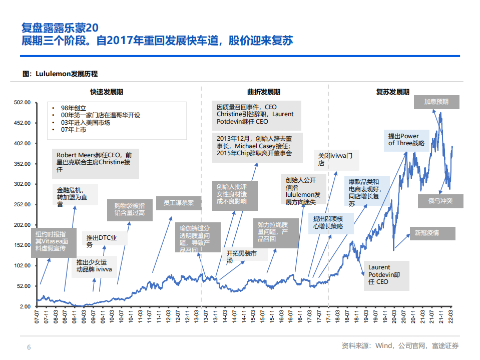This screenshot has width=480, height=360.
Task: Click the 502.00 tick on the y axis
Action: pos(23,102)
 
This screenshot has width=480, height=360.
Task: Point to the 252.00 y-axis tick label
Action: pos(23,204)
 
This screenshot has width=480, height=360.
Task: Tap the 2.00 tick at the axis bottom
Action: pos(25,306)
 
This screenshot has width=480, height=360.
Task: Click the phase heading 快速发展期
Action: pos(107,92)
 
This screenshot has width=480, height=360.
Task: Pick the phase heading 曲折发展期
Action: pos(264,92)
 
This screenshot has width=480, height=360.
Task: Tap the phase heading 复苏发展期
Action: pos(393,92)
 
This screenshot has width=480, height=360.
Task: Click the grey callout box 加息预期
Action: pos(436,102)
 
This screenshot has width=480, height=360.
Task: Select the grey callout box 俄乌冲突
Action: pos(440,201)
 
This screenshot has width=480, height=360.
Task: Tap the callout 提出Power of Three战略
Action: pos(406,140)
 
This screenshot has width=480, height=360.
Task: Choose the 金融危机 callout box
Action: pos(75,197)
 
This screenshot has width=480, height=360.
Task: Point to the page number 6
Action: pos(29,347)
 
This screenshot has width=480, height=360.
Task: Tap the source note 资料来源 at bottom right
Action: pos(400,345)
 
